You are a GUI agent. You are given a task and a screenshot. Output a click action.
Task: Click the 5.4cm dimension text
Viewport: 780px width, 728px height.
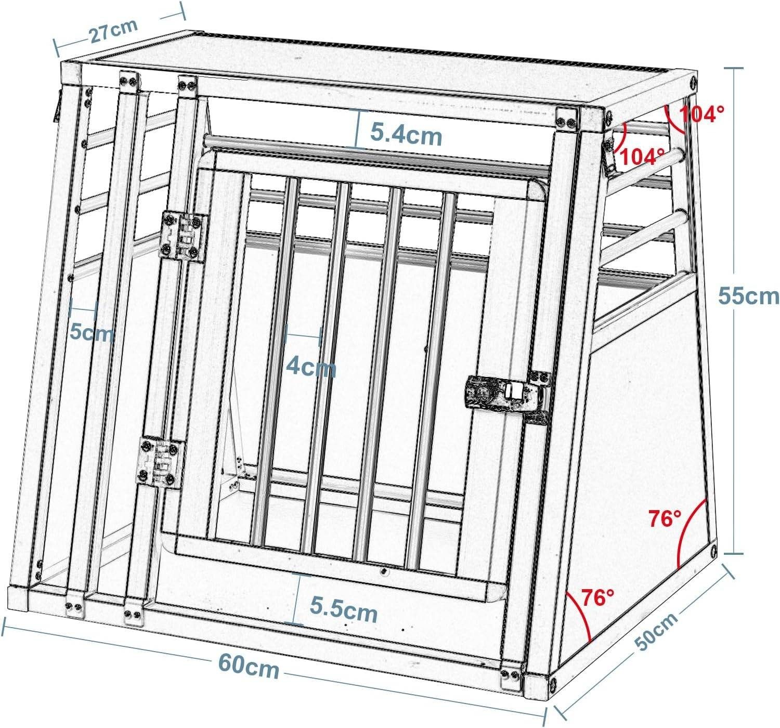click(x=406, y=135)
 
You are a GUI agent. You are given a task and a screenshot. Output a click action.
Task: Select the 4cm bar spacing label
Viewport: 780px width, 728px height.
click(x=311, y=367)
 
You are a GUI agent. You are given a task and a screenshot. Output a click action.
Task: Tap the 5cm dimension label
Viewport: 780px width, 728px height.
click(x=92, y=332)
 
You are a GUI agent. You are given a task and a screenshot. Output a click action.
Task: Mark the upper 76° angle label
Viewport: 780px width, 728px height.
click(x=665, y=518)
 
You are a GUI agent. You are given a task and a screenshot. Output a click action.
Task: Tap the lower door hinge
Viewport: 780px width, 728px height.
click(x=160, y=462)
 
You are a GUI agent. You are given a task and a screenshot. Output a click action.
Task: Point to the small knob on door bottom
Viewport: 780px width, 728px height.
click(x=384, y=571)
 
